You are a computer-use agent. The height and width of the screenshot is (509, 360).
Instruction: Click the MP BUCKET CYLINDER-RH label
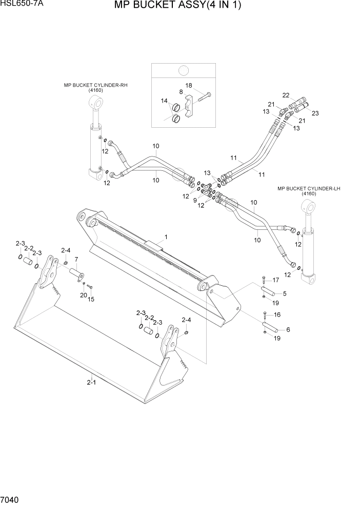click(95, 85)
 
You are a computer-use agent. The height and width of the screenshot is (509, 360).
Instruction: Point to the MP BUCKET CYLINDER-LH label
click(309, 189)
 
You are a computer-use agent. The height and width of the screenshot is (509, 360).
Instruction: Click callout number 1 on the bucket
click(166, 237)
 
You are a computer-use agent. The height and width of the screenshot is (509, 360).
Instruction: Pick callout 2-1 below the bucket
click(91, 382)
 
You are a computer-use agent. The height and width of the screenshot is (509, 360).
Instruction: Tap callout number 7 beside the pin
click(76, 259)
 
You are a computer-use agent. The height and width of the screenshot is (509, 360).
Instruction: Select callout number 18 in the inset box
click(189, 85)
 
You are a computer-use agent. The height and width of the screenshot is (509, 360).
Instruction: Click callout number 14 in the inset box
click(164, 101)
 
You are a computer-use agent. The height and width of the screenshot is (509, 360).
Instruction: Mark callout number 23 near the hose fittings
click(315, 113)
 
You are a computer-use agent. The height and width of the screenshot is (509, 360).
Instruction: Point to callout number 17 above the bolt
click(275, 280)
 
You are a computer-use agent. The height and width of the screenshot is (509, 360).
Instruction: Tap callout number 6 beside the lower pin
click(288, 329)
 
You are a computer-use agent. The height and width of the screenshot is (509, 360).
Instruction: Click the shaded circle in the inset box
click(183, 71)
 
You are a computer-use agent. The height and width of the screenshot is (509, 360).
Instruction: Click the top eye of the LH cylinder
click(309, 207)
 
